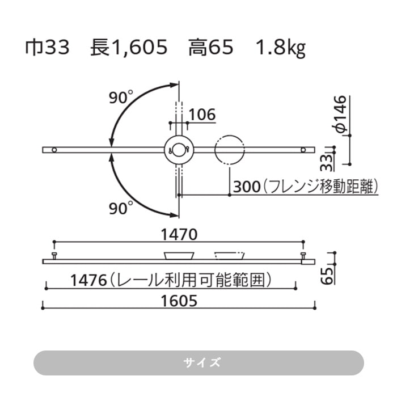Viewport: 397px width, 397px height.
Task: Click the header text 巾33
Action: [47, 48]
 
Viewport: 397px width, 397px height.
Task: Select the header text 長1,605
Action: [129, 48]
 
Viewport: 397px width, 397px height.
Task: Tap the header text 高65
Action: [211, 48]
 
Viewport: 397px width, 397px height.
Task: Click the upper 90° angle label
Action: [121, 98]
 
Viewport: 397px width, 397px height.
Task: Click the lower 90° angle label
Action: [121, 208]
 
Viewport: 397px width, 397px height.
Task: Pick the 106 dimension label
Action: [202, 115]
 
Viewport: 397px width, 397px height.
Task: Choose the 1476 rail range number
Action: [90, 280]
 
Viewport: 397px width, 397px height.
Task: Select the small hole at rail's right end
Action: [304, 150]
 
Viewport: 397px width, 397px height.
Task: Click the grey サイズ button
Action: [198, 363]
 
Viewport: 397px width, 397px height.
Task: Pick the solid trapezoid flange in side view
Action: [179, 255]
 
